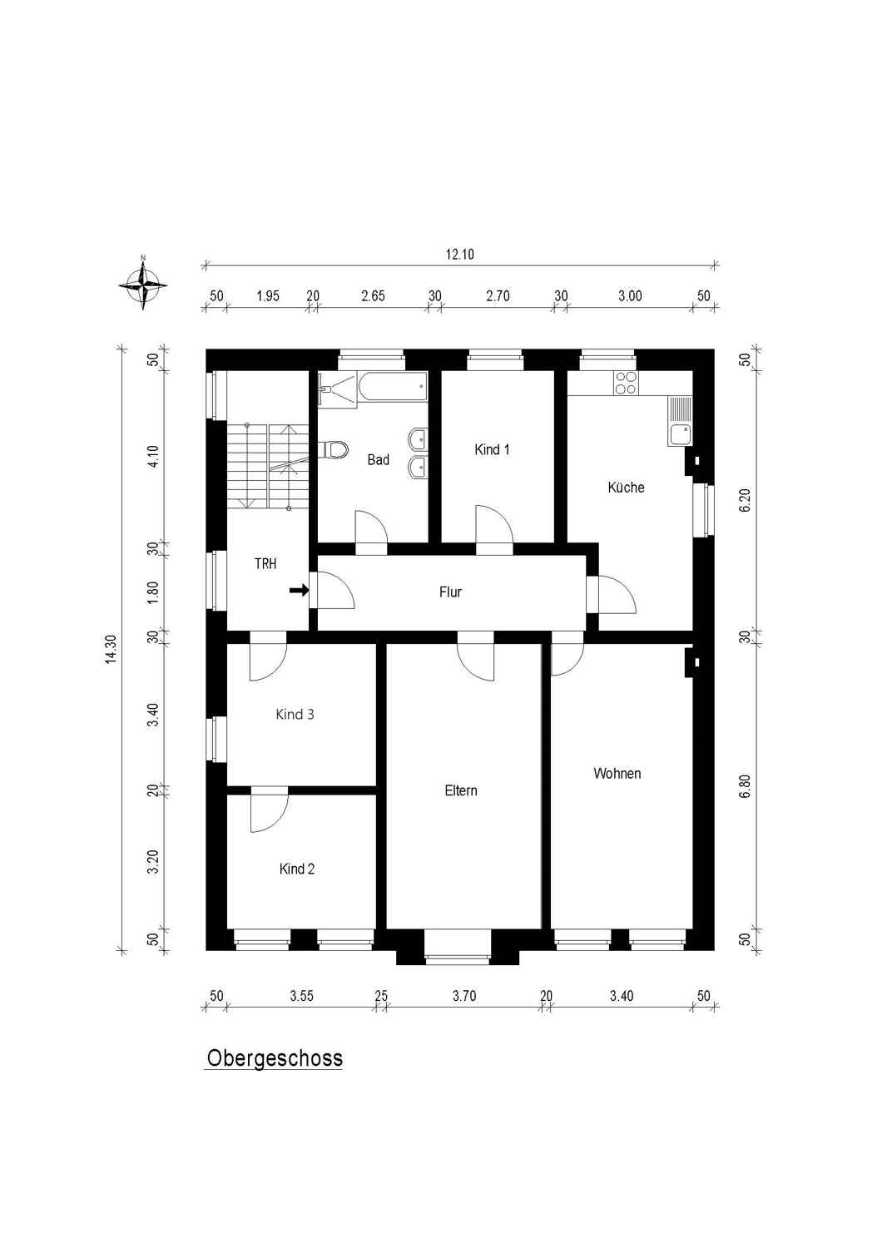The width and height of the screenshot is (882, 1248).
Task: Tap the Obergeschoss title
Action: click(x=275, y=1058)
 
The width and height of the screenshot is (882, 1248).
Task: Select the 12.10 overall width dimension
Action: click(x=459, y=255)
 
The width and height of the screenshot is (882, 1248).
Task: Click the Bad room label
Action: click(x=379, y=459)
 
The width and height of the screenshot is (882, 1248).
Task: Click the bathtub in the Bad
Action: click(x=393, y=386)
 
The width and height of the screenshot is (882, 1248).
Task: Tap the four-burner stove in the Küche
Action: click(x=626, y=383)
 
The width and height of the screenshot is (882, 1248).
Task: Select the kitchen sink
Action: click(x=680, y=421)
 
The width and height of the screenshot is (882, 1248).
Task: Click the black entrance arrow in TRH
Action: click(x=300, y=590)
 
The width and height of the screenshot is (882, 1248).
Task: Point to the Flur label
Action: click(x=450, y=592)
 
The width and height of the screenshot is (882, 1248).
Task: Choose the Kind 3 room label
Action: click(x=295, y=714)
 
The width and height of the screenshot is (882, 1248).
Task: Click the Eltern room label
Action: click(x=461, y=790)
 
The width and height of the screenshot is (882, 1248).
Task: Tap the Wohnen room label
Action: click(x=617, y=773)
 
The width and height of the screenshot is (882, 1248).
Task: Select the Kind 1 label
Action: click(x=492, y=449)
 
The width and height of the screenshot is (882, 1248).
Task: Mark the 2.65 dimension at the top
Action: click(x=373, y=296)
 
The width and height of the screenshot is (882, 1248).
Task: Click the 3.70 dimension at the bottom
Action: click(x=464, y=996)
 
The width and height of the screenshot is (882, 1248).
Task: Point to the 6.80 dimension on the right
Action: click(x=746, y=786)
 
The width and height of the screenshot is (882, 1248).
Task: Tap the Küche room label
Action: click(x=626, y=487)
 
